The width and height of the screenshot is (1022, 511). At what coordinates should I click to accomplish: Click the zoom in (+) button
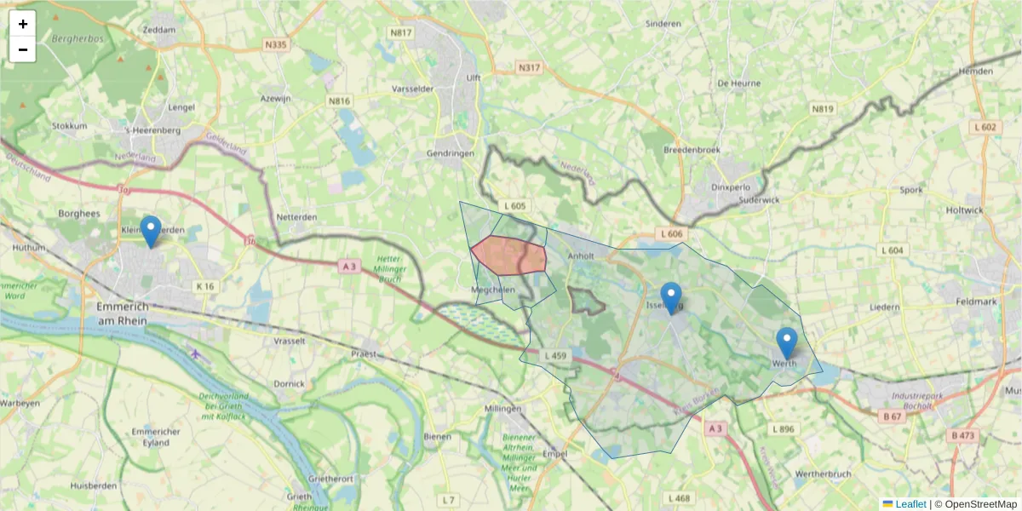tap(23, 24)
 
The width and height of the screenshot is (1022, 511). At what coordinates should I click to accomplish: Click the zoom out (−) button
tap(23, 49)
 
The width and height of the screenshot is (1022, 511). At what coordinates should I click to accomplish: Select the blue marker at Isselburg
tap(671, 297)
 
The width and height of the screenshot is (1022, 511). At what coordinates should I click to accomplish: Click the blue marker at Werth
tap(787, 343)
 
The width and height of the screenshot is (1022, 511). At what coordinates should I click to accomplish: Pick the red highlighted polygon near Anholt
tap(509, 255)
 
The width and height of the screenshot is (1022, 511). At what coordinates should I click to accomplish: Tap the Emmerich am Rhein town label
tap(123, 313)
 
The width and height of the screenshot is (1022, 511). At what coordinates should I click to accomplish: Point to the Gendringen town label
tap(449, 153)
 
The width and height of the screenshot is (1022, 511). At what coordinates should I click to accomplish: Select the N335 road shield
tap(275, 44)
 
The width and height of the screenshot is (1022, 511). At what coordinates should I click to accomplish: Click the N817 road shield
tap(400, 33)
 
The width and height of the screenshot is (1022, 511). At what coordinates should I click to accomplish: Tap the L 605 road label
tap(515, 206)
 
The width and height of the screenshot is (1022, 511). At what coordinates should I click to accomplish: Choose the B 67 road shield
tap(892, 416)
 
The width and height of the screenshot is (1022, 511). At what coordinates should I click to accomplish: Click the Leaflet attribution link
tap(910, 504)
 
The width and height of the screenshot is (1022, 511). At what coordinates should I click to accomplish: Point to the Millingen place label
tap(502, 409)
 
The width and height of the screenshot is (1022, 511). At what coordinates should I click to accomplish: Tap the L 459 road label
tap(554, 355)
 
